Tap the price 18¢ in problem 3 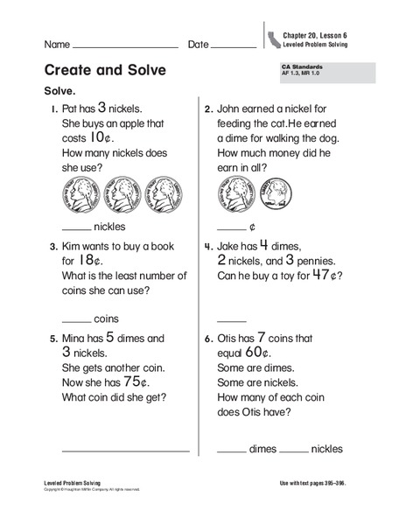pos(89,260)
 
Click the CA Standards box pos(325,72)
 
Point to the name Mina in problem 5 pos(77,338)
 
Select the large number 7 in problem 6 pos(284,336)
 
